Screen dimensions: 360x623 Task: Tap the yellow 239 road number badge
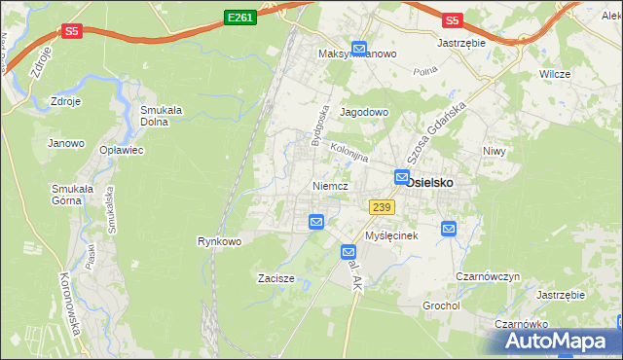381,207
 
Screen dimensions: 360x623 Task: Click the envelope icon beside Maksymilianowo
358,48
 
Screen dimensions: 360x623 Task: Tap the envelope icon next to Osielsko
401,177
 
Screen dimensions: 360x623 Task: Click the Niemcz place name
331,185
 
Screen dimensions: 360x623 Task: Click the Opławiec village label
122,150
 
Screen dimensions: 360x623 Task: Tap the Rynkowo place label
219,241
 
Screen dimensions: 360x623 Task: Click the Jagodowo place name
364,113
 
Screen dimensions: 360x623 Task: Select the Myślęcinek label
390,236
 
